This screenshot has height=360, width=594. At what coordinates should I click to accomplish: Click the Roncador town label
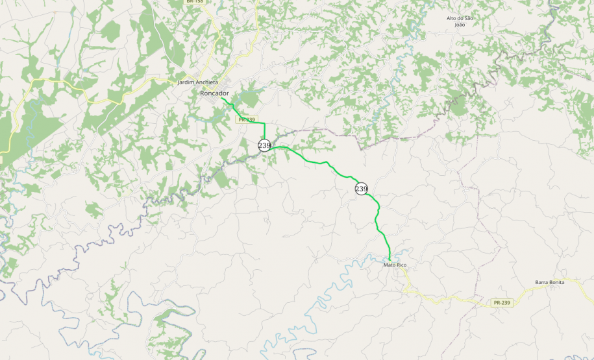[x=214, y=93]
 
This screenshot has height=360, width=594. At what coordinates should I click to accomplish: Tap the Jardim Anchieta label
[x=198, y=83]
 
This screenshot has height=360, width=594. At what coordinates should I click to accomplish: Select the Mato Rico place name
[x=395, y=265]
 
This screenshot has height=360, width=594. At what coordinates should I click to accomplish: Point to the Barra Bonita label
[x=550, y=282]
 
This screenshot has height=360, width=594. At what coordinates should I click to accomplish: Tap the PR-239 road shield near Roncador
[x=246, y=119]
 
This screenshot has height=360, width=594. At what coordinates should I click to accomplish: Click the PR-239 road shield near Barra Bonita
[x=502, y=303]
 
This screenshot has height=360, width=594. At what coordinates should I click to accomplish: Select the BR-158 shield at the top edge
[x=194, y=2]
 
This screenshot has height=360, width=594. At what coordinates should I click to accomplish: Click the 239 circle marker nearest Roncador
[x=264, y=145]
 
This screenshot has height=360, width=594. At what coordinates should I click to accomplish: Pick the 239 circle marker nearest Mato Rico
[x=362, y=189]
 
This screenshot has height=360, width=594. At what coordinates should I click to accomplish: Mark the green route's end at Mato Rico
[x=389, y=260]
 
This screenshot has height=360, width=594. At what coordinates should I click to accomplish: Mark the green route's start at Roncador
[x=222, y=99]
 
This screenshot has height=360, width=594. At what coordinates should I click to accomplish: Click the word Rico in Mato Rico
[x=401, y=265]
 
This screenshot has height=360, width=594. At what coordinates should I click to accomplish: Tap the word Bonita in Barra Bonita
[x=557, y=282]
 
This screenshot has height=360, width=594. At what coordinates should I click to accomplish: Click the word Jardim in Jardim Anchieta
[x=187, y=83]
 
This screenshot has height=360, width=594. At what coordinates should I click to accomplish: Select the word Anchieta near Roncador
[x=208, y=83]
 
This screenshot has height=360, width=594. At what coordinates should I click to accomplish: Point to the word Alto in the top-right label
[x=452, y=18]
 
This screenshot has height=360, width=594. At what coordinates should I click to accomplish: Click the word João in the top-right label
[x=460, y=25]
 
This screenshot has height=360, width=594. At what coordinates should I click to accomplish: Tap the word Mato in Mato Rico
[x=390, y=265]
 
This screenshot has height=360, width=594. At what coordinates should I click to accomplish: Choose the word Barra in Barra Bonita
[x=542, y=282]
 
